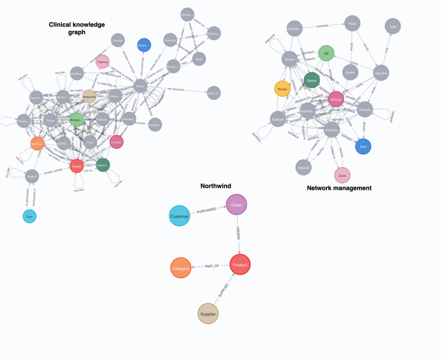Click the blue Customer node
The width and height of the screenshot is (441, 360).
click(x=179, y=216)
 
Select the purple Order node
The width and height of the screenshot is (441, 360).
click(x=236, y=205)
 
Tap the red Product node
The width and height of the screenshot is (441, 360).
click(x=240, y=265)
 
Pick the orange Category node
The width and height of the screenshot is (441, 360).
click(x=180, y=268)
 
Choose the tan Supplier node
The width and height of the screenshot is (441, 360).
click(x=208, y=314)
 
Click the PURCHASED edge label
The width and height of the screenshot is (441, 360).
click(x=206, y=210)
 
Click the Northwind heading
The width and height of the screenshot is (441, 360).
click(x=215, y=186)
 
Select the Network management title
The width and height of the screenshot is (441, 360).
click(x=339, y=188)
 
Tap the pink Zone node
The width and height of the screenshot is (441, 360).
click(x=342, y=176)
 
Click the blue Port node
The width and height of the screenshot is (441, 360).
click(x=363, y=146)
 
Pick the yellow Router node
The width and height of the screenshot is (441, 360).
click(x=282, y=89)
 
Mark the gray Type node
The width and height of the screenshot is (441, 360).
click(x=392, y=27)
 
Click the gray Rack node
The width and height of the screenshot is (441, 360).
click(x=352, y=24)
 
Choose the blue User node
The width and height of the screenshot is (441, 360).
click(x=29, y=217)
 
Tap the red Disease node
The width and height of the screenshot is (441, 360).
click(x=76, y=166)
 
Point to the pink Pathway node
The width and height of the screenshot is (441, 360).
click(x=102, y=62)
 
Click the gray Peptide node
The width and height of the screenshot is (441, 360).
click(x=118, y=40)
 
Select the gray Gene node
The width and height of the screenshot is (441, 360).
click(x=199, y=59)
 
